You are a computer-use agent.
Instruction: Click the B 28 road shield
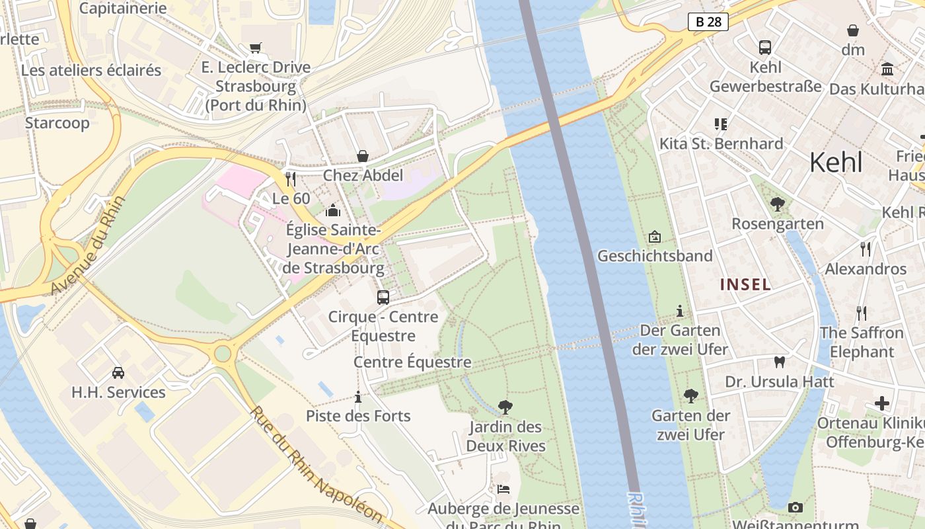tap(708, 22)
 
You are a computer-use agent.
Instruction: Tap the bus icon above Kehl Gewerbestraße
tap(765, 48)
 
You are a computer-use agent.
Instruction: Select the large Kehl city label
tap(836, 162)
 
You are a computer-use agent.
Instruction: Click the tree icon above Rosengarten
tap(778, 204)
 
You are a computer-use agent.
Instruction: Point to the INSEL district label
tap(745, 284)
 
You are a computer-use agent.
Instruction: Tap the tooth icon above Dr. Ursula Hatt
tap(780, 362)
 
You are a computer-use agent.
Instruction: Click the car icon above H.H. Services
tap(118, 373)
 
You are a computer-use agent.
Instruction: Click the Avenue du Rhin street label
tap(87, 246)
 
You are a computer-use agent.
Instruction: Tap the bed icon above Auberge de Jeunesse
tap(503, 489)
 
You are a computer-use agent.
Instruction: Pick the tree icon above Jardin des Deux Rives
tap(505, 407)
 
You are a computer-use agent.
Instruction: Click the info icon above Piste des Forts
tap(358, 397)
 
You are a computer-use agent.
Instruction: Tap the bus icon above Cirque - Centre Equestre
tap(383, 298)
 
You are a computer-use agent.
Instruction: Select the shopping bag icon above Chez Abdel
tap(363, 156)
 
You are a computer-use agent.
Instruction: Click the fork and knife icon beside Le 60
tap(290, 179)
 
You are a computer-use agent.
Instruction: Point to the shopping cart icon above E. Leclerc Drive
tap(256, 48)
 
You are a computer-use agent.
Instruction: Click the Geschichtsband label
tap(655, 256)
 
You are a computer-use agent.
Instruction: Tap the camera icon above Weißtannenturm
tap(795, 507)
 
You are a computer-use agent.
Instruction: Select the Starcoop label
tap(57, 123)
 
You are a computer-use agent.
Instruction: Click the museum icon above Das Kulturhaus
tap(887, 69)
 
